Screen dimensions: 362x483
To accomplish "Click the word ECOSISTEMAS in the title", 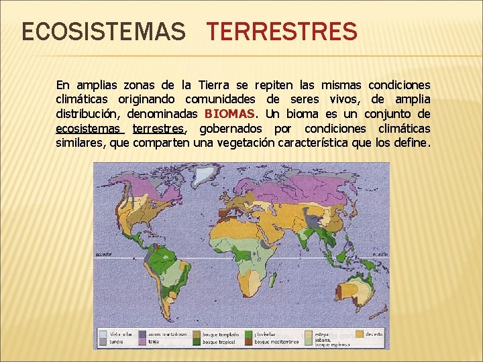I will pyautogui.click(x=103, y=32).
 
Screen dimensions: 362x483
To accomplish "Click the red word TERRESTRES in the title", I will pyautogui.click(x=282, y=32).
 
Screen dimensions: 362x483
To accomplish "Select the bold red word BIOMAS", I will pyautogui.click(x=230, y=114).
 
